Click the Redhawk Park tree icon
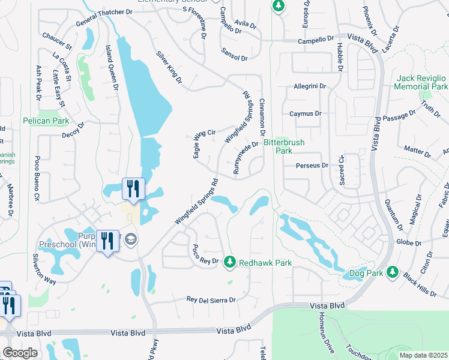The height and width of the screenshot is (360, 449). [229, 262]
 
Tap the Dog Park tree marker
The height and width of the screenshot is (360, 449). [391, 272]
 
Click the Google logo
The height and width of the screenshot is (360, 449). [20, 352]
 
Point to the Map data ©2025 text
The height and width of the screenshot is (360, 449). [423, 355]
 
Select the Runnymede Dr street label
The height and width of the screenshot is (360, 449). [246, 158]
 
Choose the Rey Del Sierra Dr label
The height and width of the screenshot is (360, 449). [211, 299]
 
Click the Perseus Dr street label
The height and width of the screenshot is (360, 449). [312, 165]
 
